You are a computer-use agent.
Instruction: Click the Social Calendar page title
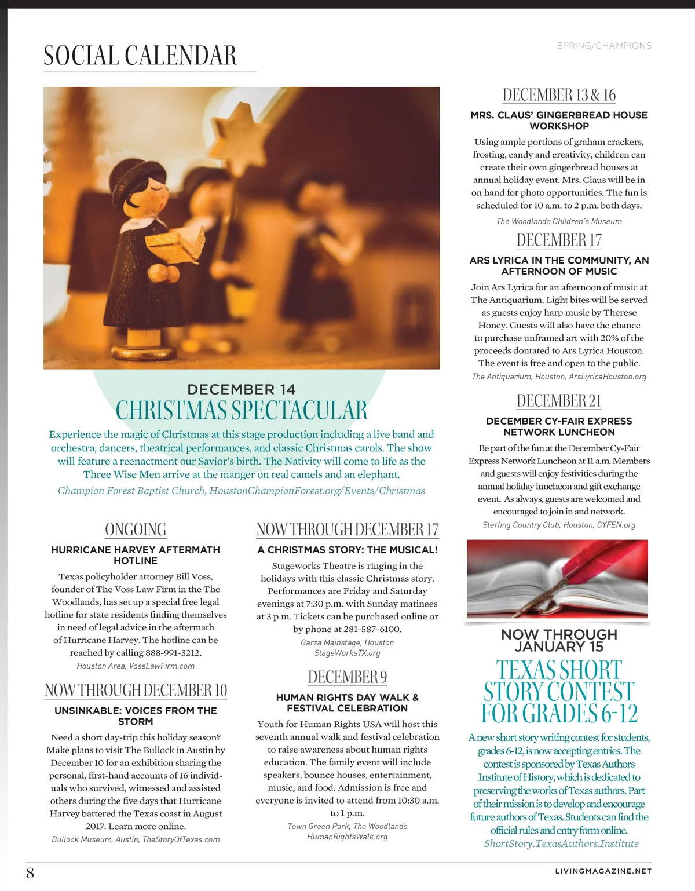coord(140,56)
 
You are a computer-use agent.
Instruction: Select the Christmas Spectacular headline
coord(242,410)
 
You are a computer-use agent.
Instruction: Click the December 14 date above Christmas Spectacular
coord(242,389)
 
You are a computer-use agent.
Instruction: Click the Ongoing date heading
coord(136,530)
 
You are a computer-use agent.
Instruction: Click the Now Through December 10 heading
coord(136,690)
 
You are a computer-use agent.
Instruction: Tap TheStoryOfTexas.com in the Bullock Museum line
coord(181,839)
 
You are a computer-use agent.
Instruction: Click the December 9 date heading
coord(348,677)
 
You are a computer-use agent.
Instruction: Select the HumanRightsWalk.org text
coord(348,837)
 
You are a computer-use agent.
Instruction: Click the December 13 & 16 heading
coord(559,95)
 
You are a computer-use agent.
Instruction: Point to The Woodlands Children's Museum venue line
coord(559,221)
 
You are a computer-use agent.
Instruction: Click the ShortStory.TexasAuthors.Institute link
coord(561,843)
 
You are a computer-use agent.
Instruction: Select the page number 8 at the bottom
coord(30,872)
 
